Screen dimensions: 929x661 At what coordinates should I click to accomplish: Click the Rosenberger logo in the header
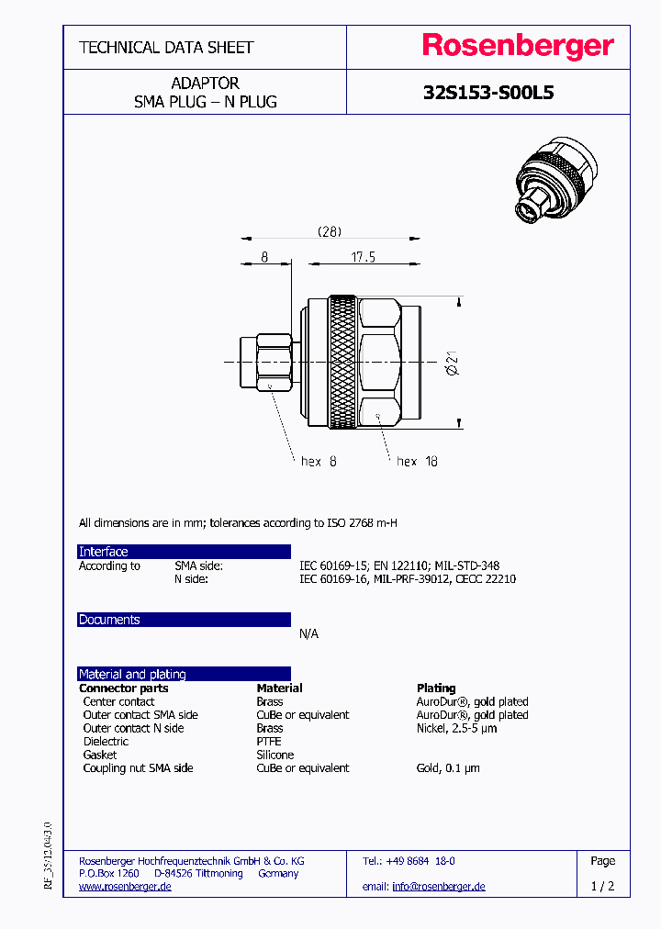click(x=518, y=47)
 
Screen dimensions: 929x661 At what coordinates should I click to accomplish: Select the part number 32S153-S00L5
click(x=488, y=93)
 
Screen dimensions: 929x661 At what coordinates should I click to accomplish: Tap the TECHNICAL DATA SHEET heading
click(x=166, y=47)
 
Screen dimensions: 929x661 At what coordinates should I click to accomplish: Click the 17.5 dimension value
click(x=363, y=258)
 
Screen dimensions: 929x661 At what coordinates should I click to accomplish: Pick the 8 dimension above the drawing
click(x=264, y=258)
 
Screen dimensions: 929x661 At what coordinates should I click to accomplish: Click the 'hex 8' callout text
click(x=319, y=462)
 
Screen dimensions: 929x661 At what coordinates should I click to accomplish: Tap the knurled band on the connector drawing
click(x=344, y=363)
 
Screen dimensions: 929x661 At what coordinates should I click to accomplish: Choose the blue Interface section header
click(x=184, y=552)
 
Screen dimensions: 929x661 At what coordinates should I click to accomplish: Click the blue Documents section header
click(x=184, y=620)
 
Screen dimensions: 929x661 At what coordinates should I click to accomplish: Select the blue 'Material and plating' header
click(x=184, y=674)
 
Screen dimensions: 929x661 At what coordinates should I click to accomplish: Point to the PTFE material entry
click(x=269, y=742)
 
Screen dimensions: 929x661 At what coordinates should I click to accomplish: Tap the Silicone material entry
click(x=275, y=755)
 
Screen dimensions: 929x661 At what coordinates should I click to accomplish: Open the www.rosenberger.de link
click(x=125, y=887)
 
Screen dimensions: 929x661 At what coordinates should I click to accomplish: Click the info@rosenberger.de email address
click(x=438, y=887)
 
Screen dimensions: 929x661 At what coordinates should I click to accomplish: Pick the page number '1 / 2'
click(x=602, y=887)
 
